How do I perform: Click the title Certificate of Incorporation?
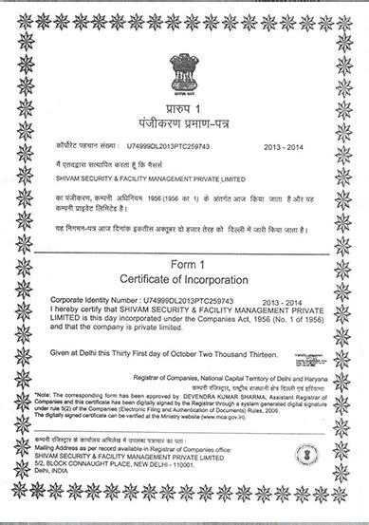point(184,280)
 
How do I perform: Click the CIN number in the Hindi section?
point(158,147)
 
